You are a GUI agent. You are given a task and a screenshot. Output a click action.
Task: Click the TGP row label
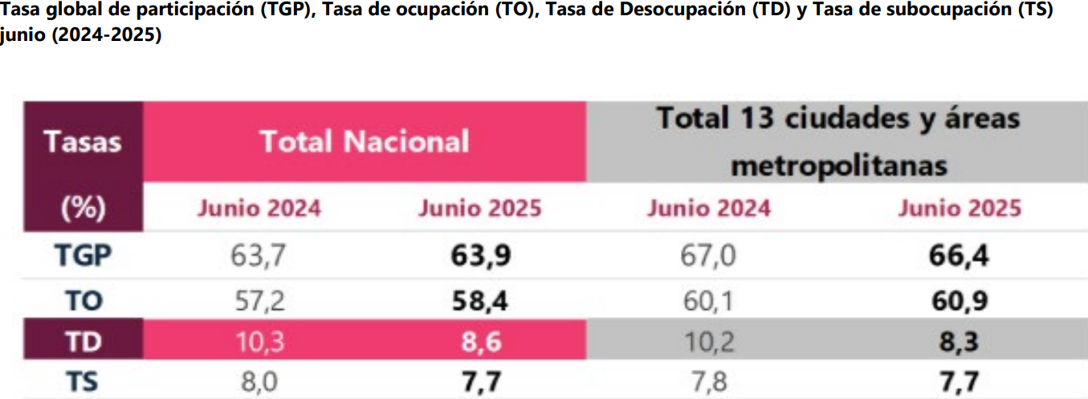pyautogui.click(x=83, y=256)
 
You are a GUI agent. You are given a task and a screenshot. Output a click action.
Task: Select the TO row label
pyautogui.click(x=83, y=300)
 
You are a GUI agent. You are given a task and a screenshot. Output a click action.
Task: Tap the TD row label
pyautogui.click(x=83, y=342)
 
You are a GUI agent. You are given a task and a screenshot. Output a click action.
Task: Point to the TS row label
pyautogui.click(x=83, y=381)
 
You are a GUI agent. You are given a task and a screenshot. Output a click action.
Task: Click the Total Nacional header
pyautogui.click(x=365, y=142)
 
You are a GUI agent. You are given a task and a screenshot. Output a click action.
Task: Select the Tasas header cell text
pyautogui.click(x=83, y=142)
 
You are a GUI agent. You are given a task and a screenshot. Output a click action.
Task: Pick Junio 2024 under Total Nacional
pyautogui.click(x=259, y=209)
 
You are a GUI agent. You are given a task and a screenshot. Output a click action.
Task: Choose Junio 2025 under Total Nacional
pyautogui.click(x=480, y=209)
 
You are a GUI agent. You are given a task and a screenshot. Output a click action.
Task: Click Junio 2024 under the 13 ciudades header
pyautogui.click(x=709, y=209)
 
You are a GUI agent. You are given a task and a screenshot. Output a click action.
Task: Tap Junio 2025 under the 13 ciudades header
pyautogui.click(x=960, y=209)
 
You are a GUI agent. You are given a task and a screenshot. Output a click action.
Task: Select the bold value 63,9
pyautogui.click(x=480, y=256)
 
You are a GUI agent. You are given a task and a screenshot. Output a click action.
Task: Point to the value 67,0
pyautogui.click(x=707, y=256)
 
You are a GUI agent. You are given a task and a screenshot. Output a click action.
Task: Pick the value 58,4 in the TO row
pyautogui.click(x=480, y=300)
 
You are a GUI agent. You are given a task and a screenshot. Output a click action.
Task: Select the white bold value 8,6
pyautogui.click(x=480, y=342)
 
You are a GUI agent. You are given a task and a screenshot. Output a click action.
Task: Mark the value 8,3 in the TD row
pyautogui.click(x=960, y=342)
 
